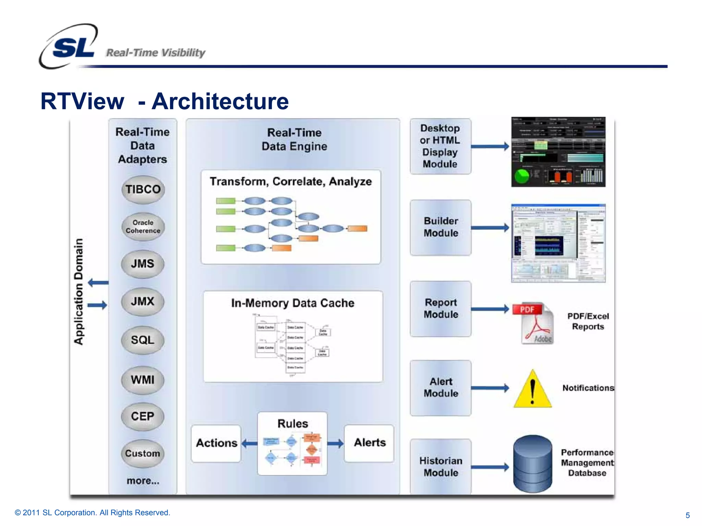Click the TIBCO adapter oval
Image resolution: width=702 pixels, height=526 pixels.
click(x=143, y=190)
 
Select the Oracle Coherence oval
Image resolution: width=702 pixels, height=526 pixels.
click(x=143, y=227)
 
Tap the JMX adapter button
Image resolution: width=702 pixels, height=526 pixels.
click(x=143, y=302)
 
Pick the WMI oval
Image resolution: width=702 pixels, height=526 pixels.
click(x=143, y=380)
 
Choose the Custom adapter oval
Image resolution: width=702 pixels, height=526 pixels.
click(x=143, y=453)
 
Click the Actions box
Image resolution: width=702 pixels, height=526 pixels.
click(x=216, y=443)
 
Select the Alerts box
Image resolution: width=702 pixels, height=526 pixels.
click(x=369, y=443)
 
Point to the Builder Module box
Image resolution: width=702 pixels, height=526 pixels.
click(x=440, y=227)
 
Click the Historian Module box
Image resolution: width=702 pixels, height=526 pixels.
click(x=440, y=467)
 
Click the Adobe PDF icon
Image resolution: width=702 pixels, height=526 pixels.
click(x=533, y=323)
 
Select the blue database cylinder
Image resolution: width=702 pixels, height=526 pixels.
click(x=532, y=464)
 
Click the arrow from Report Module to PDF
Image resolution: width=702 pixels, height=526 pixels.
click(x=489, y=309)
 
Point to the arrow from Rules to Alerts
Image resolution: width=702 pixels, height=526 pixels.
click(x=335, y=443)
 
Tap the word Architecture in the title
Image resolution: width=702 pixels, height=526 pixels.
click(x=220, y=102)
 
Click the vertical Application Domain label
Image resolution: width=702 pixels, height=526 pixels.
click(x=79, y=291)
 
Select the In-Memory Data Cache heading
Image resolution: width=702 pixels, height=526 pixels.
click(x=292, y=303)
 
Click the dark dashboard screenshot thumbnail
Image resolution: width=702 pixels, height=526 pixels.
click(x=558, y=152)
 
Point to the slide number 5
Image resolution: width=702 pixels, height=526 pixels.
click(x=687, y=515)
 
